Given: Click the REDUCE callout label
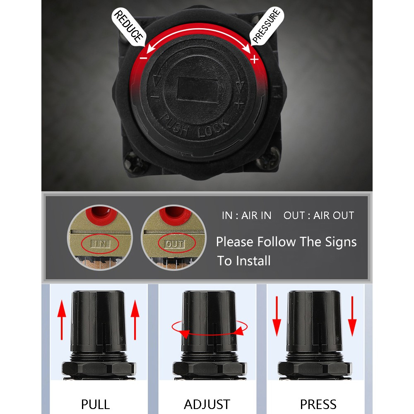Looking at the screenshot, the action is tap(128, 27).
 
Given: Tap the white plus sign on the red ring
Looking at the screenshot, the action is tap(254, 59).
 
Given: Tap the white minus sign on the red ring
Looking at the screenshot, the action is tap(143, 58).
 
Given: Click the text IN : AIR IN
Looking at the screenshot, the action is tap(247, 215).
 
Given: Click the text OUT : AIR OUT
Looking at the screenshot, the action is tap(319, 215).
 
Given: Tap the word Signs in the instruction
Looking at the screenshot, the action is tap(341, 242).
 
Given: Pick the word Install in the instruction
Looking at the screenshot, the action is tap(253, 261).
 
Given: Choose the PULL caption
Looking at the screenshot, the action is tap(95, 404).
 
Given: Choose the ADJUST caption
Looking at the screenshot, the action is tap(207, 404).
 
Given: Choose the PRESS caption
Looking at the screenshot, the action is tap(318, 404).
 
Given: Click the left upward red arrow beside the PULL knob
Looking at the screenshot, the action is tap(62, 320).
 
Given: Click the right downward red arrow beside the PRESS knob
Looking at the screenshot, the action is tap(352, 316).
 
